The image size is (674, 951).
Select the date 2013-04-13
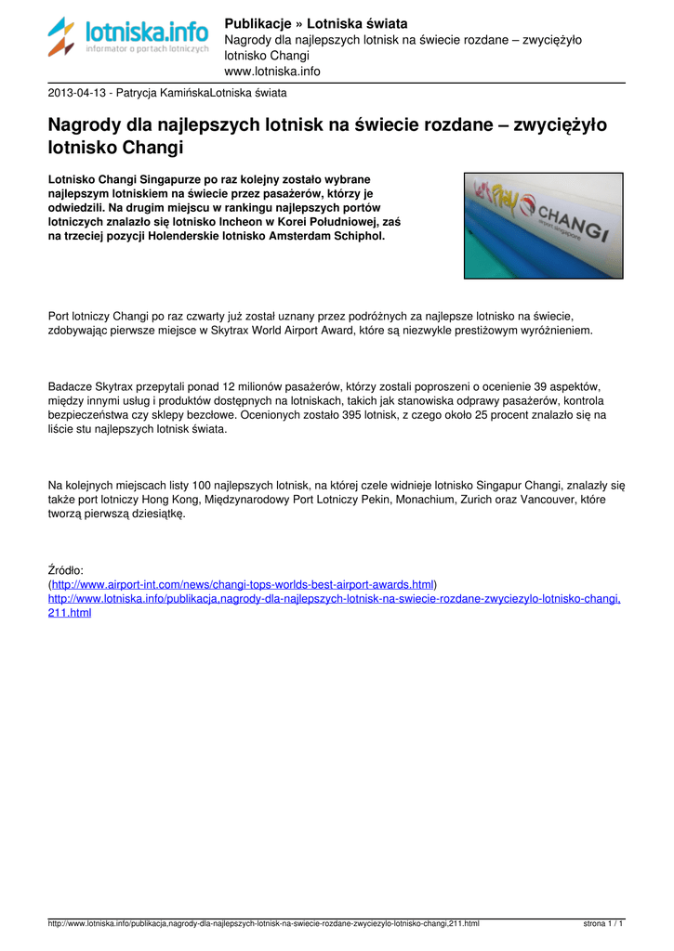pyautogui.click(x=77, y=93)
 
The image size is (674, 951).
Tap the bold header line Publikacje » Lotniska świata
pyautogui.click(x=316, y=23)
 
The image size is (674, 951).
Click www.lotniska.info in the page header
pyautogui.click(x=272, y=71)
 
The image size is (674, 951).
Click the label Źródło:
pyautogui.click(x=66, y=569)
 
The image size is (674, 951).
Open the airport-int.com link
pyautogui.click(x=243, y=584)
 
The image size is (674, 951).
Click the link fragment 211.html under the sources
pyautogui.click(x=70, y=614)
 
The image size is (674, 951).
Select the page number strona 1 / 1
pyautogui.click(x=603, y=924)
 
